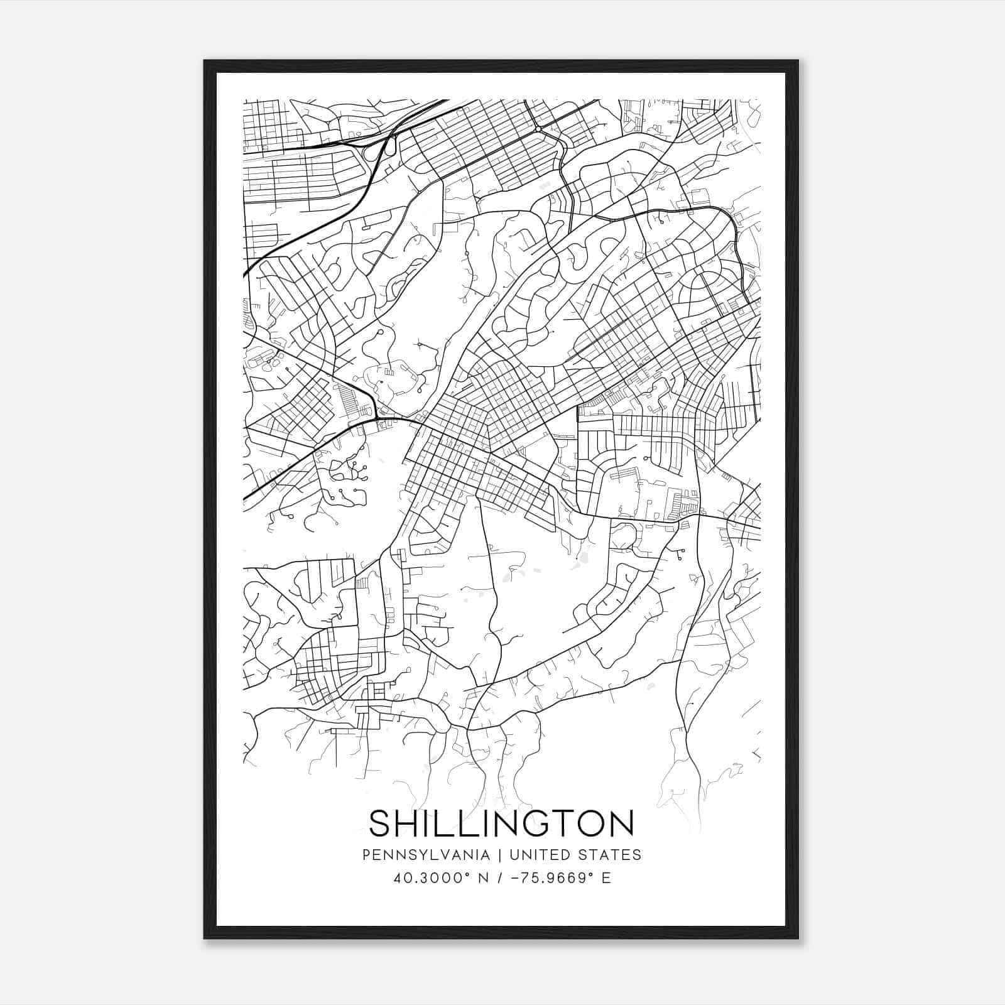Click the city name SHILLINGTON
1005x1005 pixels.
click(501, 823)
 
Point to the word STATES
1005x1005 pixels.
click(612, 855)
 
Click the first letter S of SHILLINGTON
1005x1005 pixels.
click(381, 823)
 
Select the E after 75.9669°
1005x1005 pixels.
click(606, 878)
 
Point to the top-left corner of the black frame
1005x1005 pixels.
click(205, 61)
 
